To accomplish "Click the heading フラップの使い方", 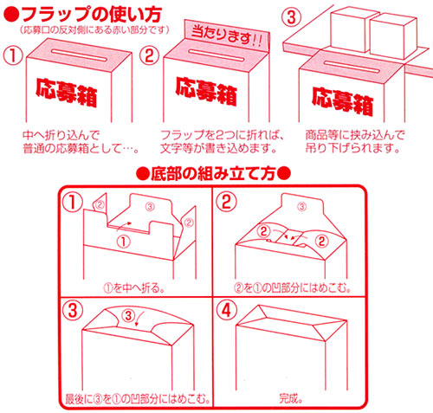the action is (91, 15).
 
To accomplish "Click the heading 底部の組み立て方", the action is (213, 174).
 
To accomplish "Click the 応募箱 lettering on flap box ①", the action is (66, 93).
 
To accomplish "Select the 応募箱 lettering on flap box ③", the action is (342, 101).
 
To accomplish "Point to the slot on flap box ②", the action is (216, 55).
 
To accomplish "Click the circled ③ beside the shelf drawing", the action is (291, 17).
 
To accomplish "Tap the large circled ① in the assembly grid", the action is (73, 203).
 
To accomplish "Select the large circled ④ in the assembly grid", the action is (226, 311).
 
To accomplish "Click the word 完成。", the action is (291, 398).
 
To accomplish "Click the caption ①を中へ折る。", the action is (134, 288).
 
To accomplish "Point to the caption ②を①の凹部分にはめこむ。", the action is (292, 288).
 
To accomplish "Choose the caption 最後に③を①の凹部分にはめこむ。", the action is (138, 399).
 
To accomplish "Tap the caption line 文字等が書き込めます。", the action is (218, 148).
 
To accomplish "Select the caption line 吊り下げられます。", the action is (353, 148).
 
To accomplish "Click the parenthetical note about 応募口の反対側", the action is (94, 30).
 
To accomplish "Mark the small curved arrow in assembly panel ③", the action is (139, 319).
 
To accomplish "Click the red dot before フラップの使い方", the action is (11, 15).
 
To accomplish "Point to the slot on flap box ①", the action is (79, 55).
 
